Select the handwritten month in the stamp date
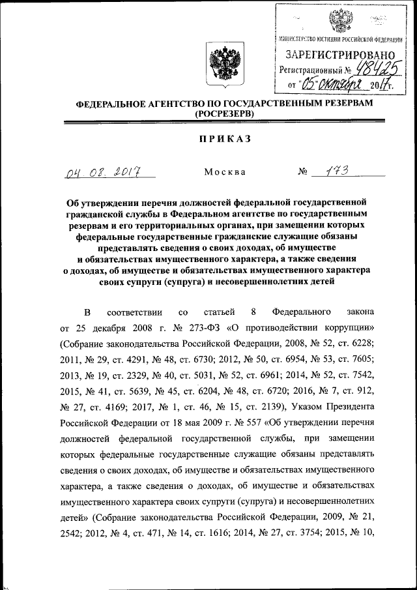[350, 84]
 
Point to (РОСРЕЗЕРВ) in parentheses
[224, 114]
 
